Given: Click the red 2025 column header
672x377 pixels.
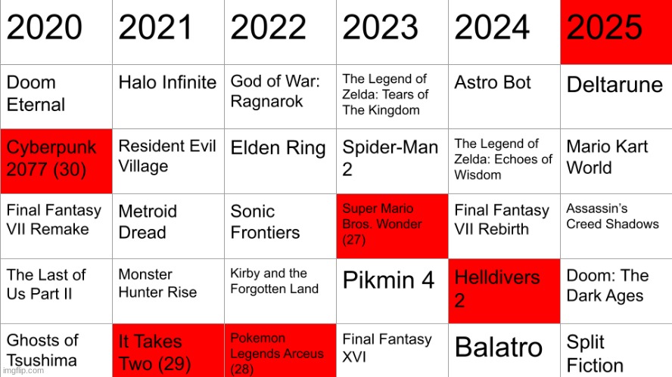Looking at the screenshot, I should (616, 32).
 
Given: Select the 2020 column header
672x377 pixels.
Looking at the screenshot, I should (56, 32).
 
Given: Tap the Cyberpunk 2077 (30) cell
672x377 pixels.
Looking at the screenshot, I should (56, 161).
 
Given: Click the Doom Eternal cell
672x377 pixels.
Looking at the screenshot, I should (56, 96).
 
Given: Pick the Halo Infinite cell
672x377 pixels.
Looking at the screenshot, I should (168, 96).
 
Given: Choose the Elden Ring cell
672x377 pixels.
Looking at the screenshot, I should (280, 161).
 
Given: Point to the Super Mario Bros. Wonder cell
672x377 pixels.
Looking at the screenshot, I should (392, 225).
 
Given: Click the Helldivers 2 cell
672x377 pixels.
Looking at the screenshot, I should (504, 291).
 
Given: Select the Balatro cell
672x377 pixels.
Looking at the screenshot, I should (504, 349).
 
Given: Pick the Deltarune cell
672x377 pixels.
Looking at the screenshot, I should (616, 96).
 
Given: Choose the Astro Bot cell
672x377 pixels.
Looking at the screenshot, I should (504, 96).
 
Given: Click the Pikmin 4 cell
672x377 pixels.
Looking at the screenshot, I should (392, 291).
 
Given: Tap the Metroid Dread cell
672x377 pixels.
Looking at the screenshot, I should (168, 225).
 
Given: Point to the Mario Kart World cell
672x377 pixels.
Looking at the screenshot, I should (616, 161).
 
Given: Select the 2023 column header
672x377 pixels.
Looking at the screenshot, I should (392, 32).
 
